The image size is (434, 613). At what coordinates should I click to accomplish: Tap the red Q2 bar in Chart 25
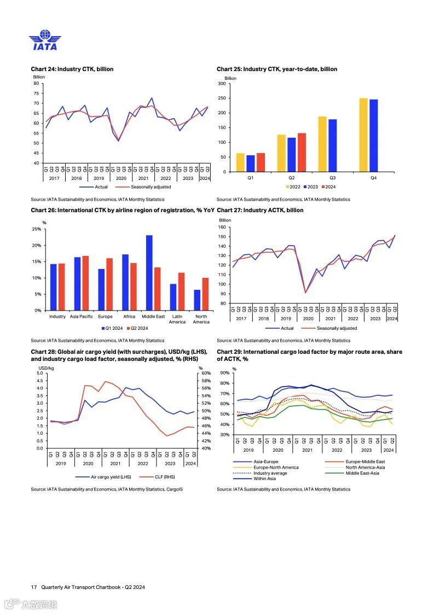point(302,153)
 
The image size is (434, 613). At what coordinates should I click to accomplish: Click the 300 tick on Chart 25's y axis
point(222,84)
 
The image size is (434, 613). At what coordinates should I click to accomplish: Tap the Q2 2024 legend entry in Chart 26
point(137,329)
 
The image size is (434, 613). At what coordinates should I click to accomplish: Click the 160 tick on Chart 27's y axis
point(222,227)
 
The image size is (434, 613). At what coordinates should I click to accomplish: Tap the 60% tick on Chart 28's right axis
point(206,373)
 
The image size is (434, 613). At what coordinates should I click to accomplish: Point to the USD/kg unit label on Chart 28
point(45,368)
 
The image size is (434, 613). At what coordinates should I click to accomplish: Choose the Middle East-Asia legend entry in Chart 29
point(362,473)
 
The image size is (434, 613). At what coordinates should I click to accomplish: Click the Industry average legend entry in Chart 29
point(270,473)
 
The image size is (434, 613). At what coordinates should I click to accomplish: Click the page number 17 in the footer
point(34,587)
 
